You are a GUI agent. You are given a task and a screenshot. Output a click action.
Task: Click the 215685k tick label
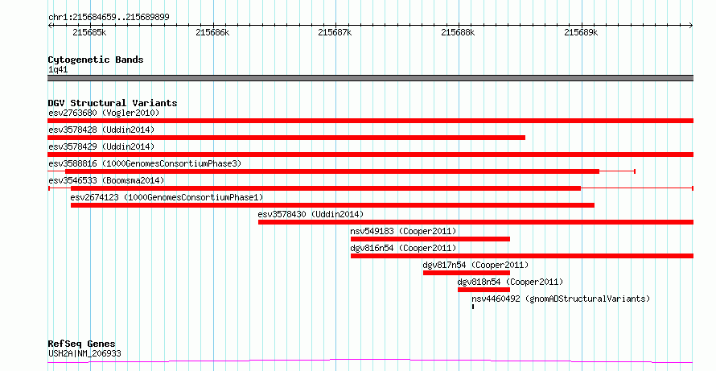point(89,32)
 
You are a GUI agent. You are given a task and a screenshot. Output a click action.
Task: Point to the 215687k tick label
point(335,32)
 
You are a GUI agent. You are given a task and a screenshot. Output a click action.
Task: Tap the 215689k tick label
point(582,32)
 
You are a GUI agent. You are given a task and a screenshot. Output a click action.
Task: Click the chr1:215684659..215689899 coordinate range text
point(109,18)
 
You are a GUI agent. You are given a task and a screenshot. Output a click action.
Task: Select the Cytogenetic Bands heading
point(96,60)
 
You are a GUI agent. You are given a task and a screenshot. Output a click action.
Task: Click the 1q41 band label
point(58,70)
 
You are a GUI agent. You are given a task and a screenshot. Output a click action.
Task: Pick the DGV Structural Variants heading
point(113,103)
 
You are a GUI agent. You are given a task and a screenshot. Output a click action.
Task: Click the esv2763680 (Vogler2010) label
point(104,113)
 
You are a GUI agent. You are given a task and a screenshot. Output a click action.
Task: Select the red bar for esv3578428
point(286,138)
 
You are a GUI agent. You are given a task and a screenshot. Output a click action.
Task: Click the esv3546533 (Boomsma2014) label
point(106,180)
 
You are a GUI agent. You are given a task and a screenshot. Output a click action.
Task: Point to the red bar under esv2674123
point(332,205)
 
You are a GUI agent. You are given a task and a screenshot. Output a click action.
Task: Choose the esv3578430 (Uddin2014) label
point(311,214)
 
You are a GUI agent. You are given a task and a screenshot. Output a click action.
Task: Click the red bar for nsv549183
point(430,239)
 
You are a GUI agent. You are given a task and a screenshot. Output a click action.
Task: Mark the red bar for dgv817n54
point(467,273)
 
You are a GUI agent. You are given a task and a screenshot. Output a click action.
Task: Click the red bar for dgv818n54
point(484,290)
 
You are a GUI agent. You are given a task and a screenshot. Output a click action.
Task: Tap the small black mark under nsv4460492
point(473,307)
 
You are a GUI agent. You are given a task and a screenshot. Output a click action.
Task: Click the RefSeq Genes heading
point(82,344)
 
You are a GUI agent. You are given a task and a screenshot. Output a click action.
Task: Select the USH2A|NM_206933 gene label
point(84,353)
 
